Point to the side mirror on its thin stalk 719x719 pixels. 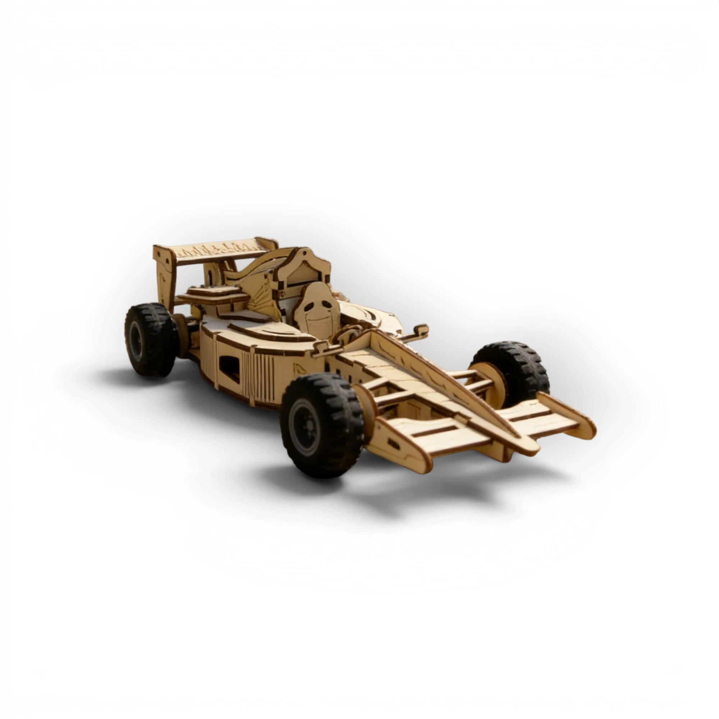click(421, 330)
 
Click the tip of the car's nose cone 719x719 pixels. click(528, 445)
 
